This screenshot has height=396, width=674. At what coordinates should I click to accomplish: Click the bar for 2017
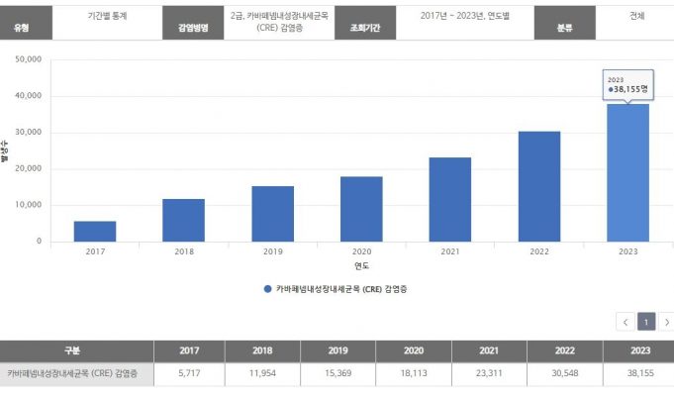coord(95,231)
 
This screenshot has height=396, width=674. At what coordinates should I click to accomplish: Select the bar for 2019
coord(272,214)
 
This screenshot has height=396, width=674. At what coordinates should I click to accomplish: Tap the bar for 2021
coord(450,199)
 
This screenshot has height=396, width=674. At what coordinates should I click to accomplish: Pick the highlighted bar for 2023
coord(627,172)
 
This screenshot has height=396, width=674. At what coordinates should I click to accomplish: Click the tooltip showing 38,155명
coord(627,85)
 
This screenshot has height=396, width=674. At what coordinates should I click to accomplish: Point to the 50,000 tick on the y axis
coord(28,59)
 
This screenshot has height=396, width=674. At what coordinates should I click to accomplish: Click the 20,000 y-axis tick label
coord(28,169)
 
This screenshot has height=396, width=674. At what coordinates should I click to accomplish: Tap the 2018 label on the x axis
coord(184,252)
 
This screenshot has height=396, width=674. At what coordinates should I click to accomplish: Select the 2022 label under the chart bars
coord(539,252)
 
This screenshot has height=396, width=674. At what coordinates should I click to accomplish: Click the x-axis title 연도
coord(361,265)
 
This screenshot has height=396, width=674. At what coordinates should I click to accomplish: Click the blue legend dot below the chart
coord(267,289)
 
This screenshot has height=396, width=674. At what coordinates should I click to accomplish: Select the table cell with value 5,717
coord(189,374)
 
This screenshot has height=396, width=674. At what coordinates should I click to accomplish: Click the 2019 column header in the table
coord(339,350)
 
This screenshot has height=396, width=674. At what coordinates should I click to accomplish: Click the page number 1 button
coord(645,322)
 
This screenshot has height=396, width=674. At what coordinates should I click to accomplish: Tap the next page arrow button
coord(666,322)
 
